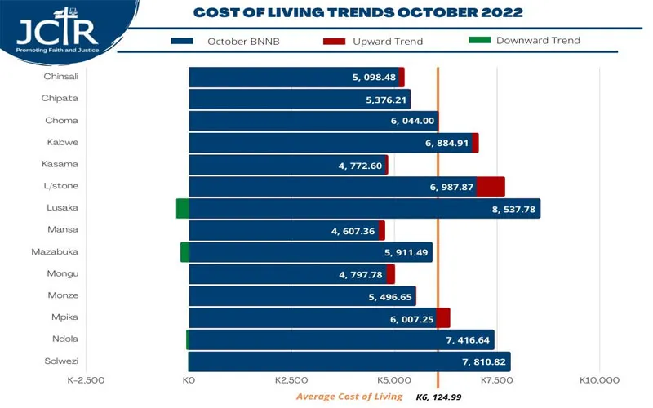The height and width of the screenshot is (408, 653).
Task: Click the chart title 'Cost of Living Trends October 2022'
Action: pos(358,12)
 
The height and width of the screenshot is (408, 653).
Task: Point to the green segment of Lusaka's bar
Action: pos(183,209)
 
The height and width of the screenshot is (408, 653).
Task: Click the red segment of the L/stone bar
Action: pos(491,187)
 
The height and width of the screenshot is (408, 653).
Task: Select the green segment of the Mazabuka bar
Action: pos(184,252)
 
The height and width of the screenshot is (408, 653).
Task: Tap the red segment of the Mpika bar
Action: pos(443,318)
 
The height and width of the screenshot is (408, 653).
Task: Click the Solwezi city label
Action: pos(61,361)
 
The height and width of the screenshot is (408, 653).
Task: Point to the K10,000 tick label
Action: pos(600,380)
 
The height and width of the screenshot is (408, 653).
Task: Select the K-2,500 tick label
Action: pos(86,380)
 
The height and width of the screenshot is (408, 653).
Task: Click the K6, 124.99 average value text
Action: pos(440,397)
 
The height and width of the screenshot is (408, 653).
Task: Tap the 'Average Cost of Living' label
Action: pos(349,397)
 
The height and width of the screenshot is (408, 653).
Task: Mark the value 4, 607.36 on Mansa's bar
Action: pos(353,231)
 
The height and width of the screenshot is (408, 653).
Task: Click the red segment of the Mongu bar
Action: pos(390,274)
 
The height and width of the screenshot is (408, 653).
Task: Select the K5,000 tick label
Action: pos(394,380)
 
